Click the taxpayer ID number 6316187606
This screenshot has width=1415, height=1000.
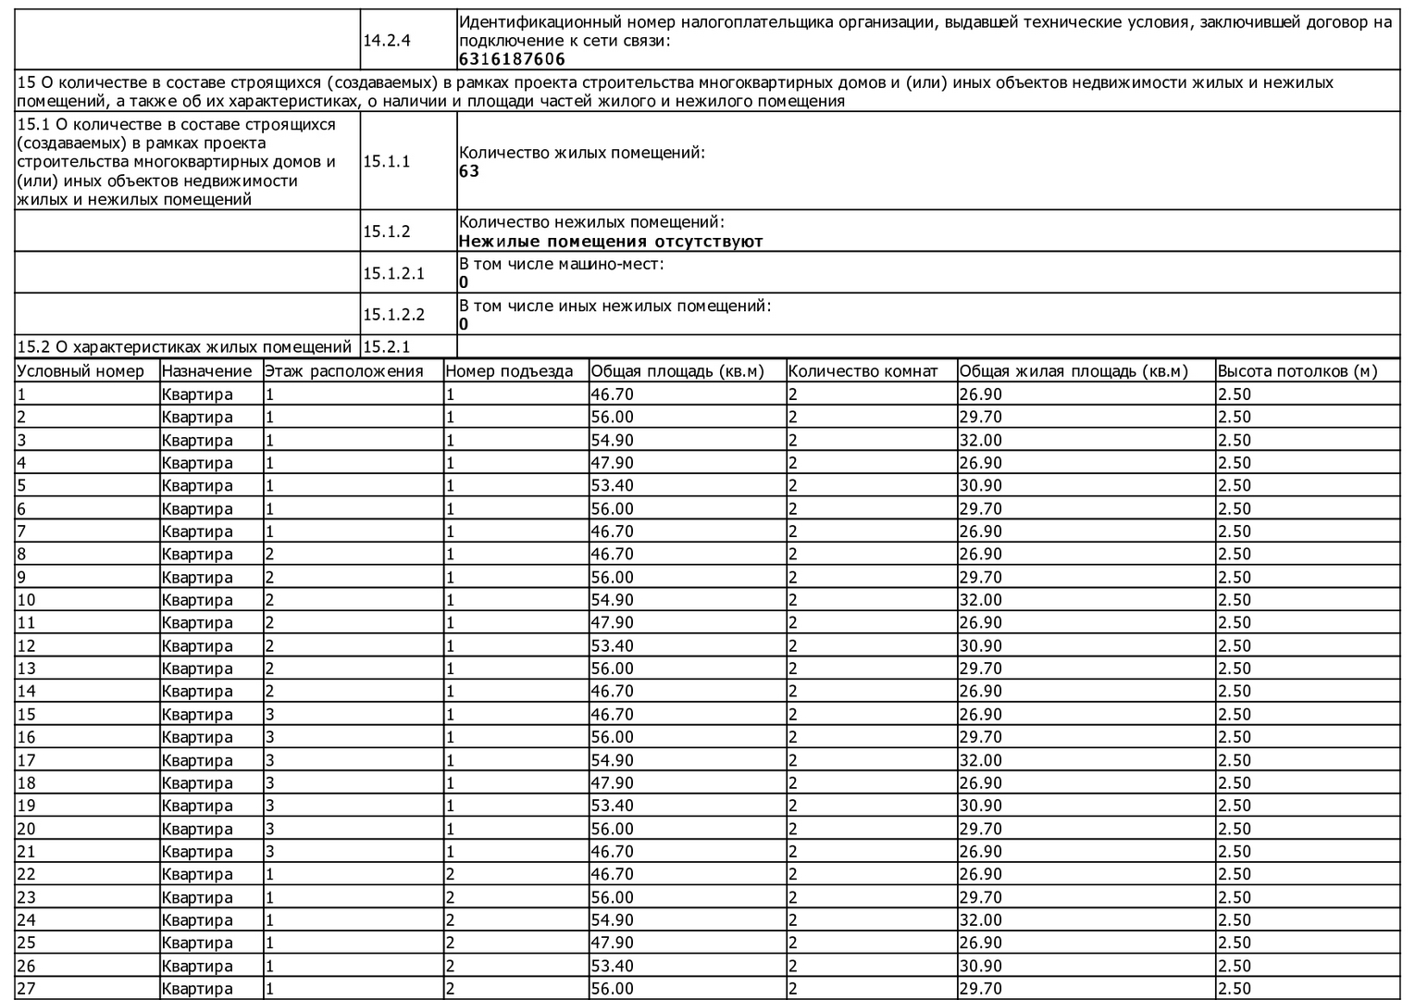pos(512,59)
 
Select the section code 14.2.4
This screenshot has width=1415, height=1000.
pos(386,41)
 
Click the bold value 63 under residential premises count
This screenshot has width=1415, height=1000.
pos(469,171)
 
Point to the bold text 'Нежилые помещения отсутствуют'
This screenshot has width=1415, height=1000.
pos(611,242)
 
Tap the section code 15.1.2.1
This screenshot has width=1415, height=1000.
pos(393,273)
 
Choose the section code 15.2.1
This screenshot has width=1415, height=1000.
pos(386,346)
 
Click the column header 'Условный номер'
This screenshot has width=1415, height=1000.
pos(81,371)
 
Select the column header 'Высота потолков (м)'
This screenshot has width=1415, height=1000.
pos(1297,371)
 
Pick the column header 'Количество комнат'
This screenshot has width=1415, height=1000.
pos(863,371)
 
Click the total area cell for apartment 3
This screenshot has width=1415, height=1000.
pos(613,440)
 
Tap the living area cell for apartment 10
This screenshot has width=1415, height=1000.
pos(980,600)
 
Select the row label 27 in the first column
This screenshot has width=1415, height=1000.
pos(27,989)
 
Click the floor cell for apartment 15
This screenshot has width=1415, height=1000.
pos(269,715)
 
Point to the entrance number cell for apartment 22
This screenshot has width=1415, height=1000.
pos(451,874)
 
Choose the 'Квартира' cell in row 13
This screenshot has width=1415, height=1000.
pos(197,669)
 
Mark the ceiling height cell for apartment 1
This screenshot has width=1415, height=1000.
pos(1235,394)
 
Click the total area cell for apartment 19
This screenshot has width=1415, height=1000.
pos(613,806)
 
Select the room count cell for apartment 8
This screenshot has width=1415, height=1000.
pos(793,555)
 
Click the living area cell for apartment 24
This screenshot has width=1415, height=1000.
pos(980,920)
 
